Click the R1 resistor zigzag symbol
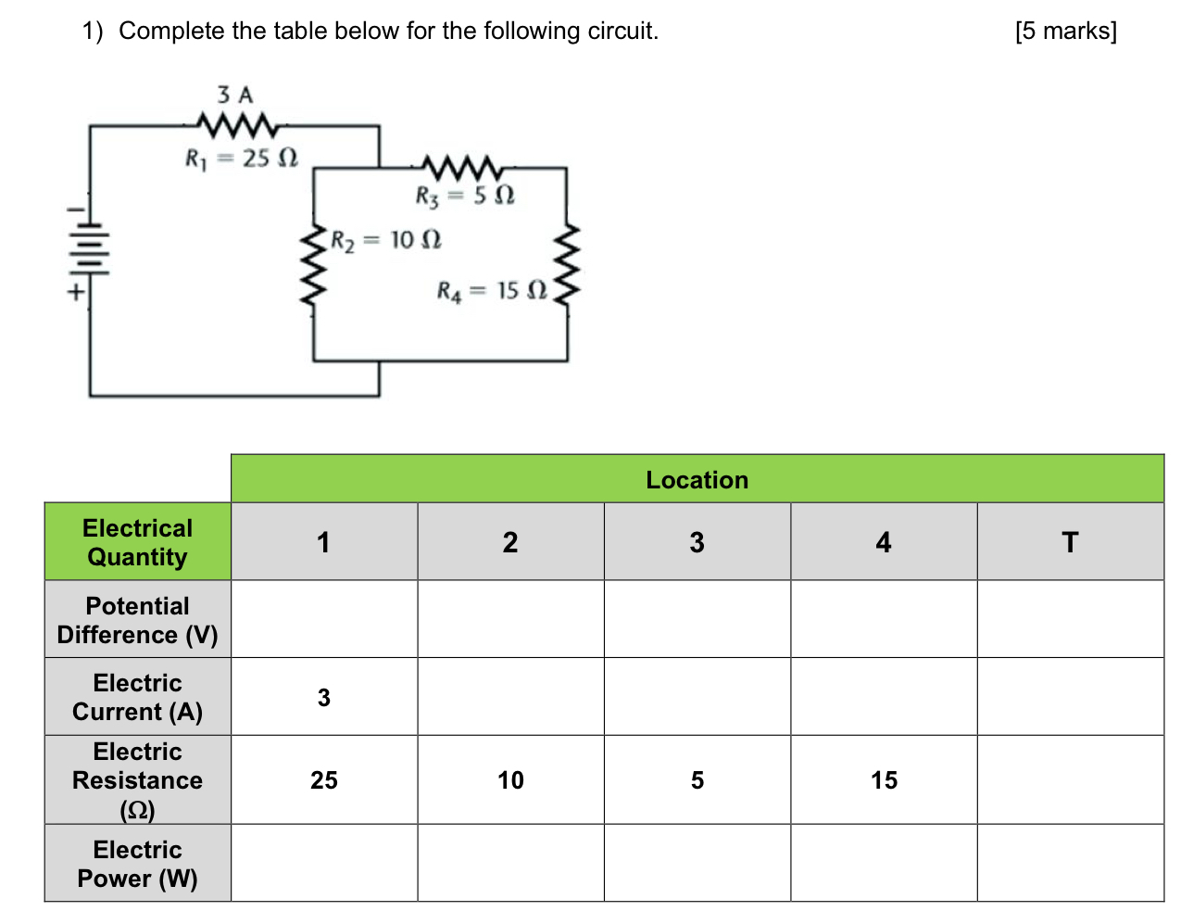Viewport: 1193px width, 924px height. (x=236, y=124)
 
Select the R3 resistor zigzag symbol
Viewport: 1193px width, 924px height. (x=461, y=168)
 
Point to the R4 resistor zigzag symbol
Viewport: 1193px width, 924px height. (x=567, y=265)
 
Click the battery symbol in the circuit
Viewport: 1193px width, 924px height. (x=90, y=248)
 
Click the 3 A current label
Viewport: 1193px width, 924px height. (x=234, y=95)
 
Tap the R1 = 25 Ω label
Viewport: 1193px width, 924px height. (x=242, y=158)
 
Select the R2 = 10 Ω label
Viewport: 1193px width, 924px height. (x=386, y=241)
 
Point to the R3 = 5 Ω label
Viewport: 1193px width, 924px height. (x=465, y=196)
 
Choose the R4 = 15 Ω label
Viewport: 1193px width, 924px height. (x=492, y=291)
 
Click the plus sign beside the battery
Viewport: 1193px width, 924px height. (x=74, y=291)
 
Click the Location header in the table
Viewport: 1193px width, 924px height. (x=697, y=480)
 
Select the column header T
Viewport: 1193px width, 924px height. (x=1070, y=542)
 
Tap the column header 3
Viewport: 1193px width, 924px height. (x=697, y=542)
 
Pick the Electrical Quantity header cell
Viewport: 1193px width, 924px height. (x=137, y=542)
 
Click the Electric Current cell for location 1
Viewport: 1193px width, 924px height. (x=324, y=697)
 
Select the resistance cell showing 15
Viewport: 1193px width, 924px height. (x=884, y=780)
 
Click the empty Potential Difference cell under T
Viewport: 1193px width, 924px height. (x=1070, y=619)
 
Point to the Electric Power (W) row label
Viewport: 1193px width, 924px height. (x=137, y=864)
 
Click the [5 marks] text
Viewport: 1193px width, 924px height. (x=1065, y=31)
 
